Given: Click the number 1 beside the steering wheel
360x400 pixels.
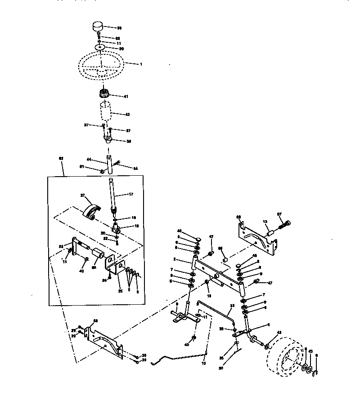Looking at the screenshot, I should click(140, 64).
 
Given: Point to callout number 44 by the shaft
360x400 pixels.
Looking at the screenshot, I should click(89, 160).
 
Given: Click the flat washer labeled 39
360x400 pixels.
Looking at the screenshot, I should click(100, 47).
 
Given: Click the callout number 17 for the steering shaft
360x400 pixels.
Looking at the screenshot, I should click(131, 195).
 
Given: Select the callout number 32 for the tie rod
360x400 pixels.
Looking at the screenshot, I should click(232, 305).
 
